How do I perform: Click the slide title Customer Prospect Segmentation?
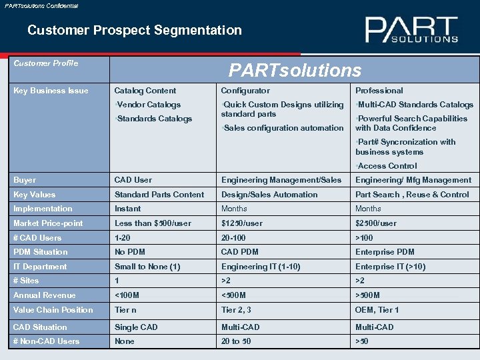point(135,30)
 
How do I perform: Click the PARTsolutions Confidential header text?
point(41,5)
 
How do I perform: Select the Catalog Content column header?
point(145,91)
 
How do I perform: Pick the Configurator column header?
point(245,91)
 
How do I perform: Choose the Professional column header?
point(379,91)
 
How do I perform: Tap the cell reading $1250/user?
point(241,223)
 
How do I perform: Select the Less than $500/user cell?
point(153,223)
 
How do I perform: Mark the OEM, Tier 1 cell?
point(377,310)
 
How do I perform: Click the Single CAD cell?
point(136,327)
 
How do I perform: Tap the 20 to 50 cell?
point(236,341)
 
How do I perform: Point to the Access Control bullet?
point(387,166)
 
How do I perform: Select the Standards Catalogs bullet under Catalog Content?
point(154,119)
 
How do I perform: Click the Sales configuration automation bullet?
point(283,128)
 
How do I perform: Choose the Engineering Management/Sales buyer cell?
point(281,180)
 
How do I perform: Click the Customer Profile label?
point(46,63)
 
